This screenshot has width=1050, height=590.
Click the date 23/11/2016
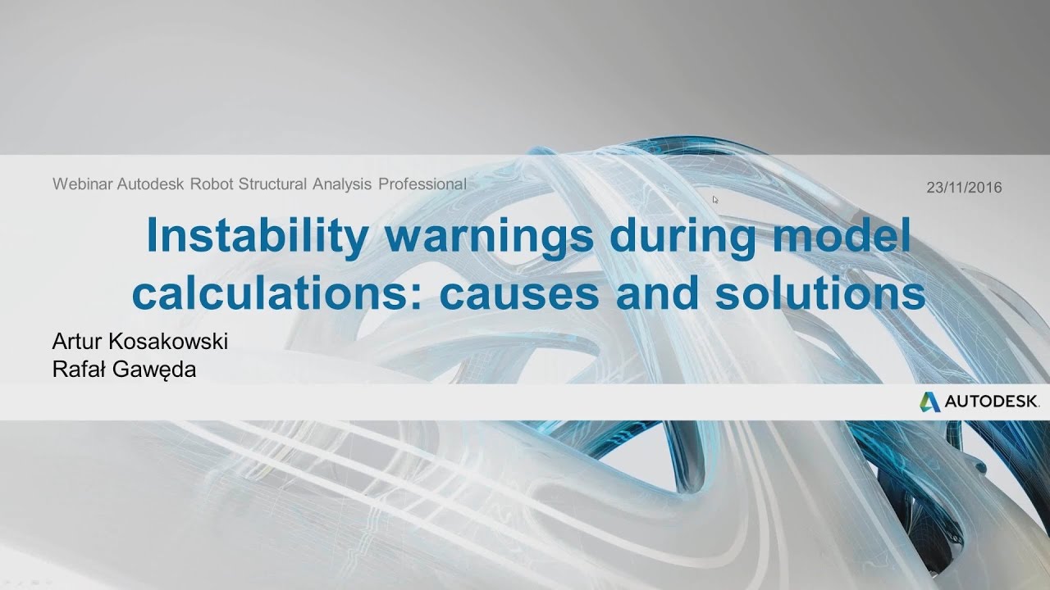pos(964,188)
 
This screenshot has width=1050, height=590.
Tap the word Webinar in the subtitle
pos(83,184)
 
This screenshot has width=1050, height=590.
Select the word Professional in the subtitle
pos(422,184)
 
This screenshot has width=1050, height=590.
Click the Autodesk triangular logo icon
pos(929,402)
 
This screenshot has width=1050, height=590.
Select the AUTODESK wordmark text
pos(991,402)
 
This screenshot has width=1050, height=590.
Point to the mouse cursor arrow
pos(715,199)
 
